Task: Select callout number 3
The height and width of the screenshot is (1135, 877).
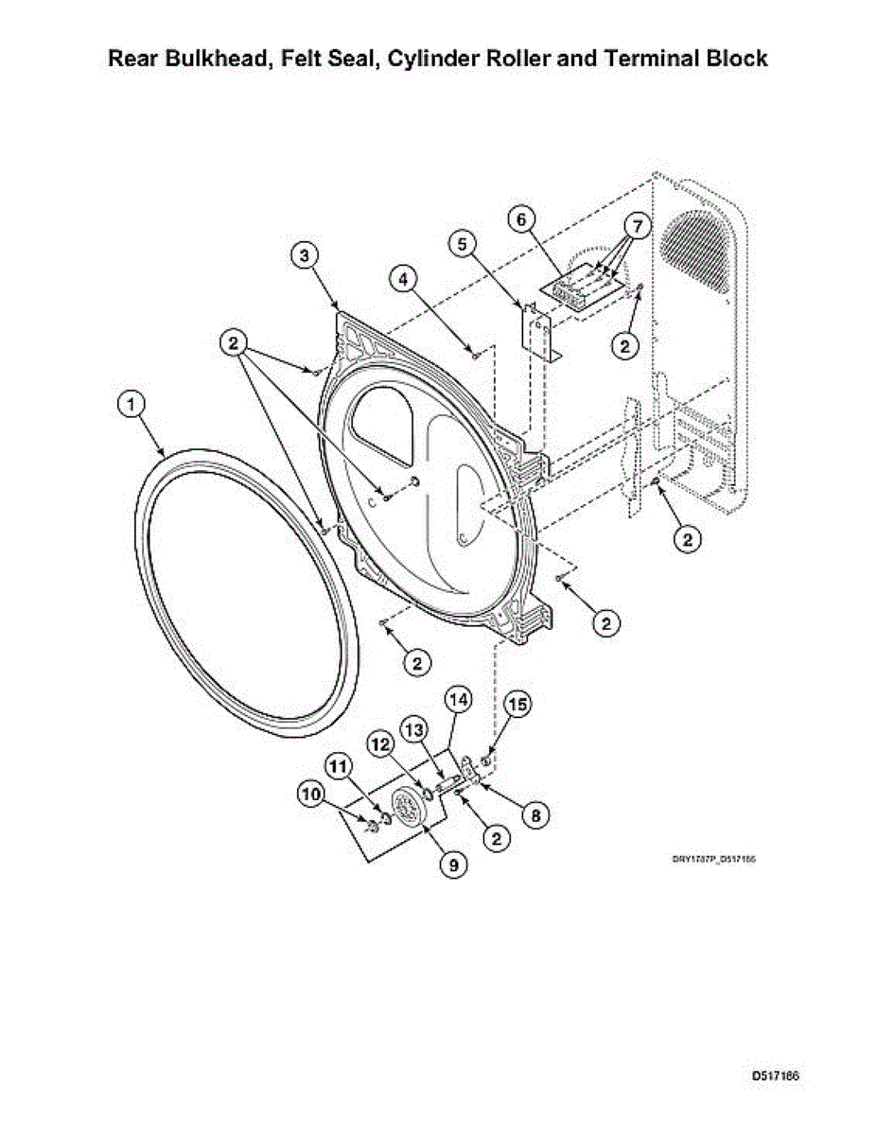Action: [x=304, y=254]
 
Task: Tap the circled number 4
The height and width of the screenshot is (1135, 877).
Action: [x=404, y=279]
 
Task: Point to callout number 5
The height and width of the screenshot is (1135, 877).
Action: [x=463, y=244]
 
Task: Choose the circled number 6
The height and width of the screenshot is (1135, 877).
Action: [x=519, y=218]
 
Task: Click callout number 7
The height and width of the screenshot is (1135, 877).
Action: [x=638, y=227]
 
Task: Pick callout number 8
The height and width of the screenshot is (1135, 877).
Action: [x=537, y=812]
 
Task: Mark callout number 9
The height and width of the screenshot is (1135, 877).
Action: [x=453, y=863]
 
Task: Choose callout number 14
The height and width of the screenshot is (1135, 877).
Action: [x=459, y=700]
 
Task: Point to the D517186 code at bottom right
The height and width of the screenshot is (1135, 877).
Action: [x=776, y=1076]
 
